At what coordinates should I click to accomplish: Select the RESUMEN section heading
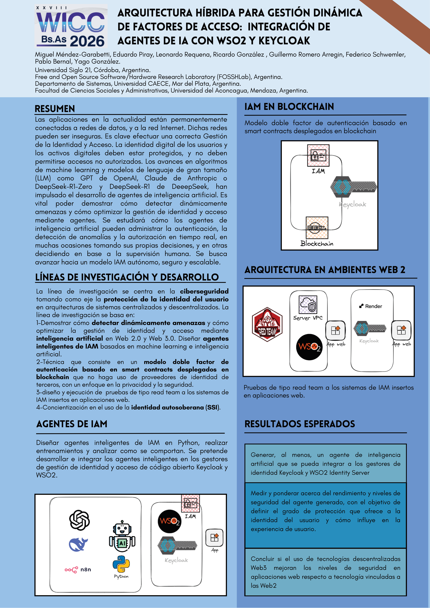55,109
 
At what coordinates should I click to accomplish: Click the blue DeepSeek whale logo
78,545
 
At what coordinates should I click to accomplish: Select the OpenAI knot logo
79,520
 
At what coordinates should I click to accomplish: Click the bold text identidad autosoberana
167,407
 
